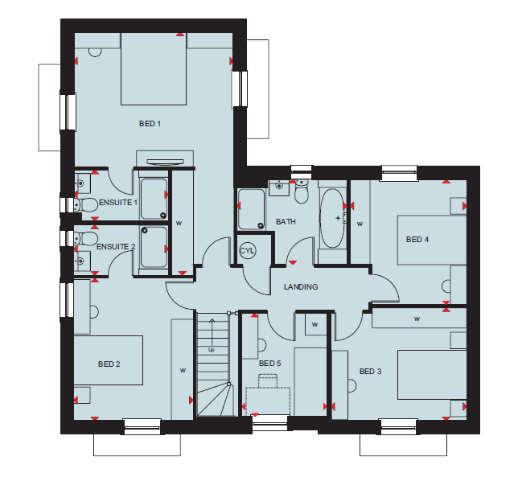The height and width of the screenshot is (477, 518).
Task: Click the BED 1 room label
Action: point(150,124)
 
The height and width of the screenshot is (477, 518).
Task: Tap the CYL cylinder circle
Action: point(247,251)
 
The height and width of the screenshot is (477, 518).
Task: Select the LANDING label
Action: point(301,286)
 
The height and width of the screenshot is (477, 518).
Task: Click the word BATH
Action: point(286,222)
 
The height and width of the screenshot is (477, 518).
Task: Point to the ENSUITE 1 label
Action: point(118,203)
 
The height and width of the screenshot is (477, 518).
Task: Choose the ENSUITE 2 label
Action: point(116,247)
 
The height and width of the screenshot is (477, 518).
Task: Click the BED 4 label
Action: point(417,239)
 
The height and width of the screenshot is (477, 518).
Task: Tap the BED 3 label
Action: point(370,372)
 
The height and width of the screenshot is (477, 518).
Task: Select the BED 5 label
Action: point(270,364)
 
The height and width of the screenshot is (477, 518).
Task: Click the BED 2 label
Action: point(109,364)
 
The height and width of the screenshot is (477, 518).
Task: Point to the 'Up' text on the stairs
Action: point(212,350)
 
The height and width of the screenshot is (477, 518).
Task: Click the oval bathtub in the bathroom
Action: point(332,218)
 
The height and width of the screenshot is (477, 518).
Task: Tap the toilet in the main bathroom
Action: point(301,192)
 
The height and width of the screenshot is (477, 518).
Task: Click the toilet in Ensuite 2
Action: point(85,238)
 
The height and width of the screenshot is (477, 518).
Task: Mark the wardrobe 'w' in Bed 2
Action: point(183,370)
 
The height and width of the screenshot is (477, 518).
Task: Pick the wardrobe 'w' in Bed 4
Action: point(360,224)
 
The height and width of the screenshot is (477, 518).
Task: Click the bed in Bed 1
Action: point(154,68)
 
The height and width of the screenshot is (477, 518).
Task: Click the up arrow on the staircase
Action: point(212,332)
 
